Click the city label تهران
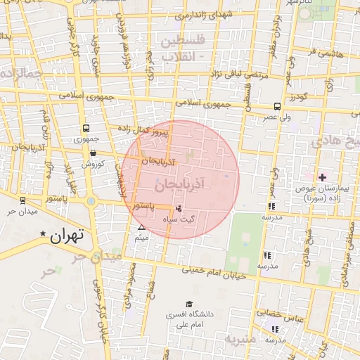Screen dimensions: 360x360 click(x=67, y=236)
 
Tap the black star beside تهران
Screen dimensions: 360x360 click(x=44, y=234)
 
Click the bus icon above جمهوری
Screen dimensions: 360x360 click(x=86, y=129)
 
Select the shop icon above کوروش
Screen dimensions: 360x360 click(x=93, y=153)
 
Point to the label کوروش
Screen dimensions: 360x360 click(x=92, y=163)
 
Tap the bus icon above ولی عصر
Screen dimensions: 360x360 click(x=278, y=108)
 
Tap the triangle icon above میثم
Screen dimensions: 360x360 click(x=142, y=227)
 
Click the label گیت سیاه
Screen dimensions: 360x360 click(x=198, y=217)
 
